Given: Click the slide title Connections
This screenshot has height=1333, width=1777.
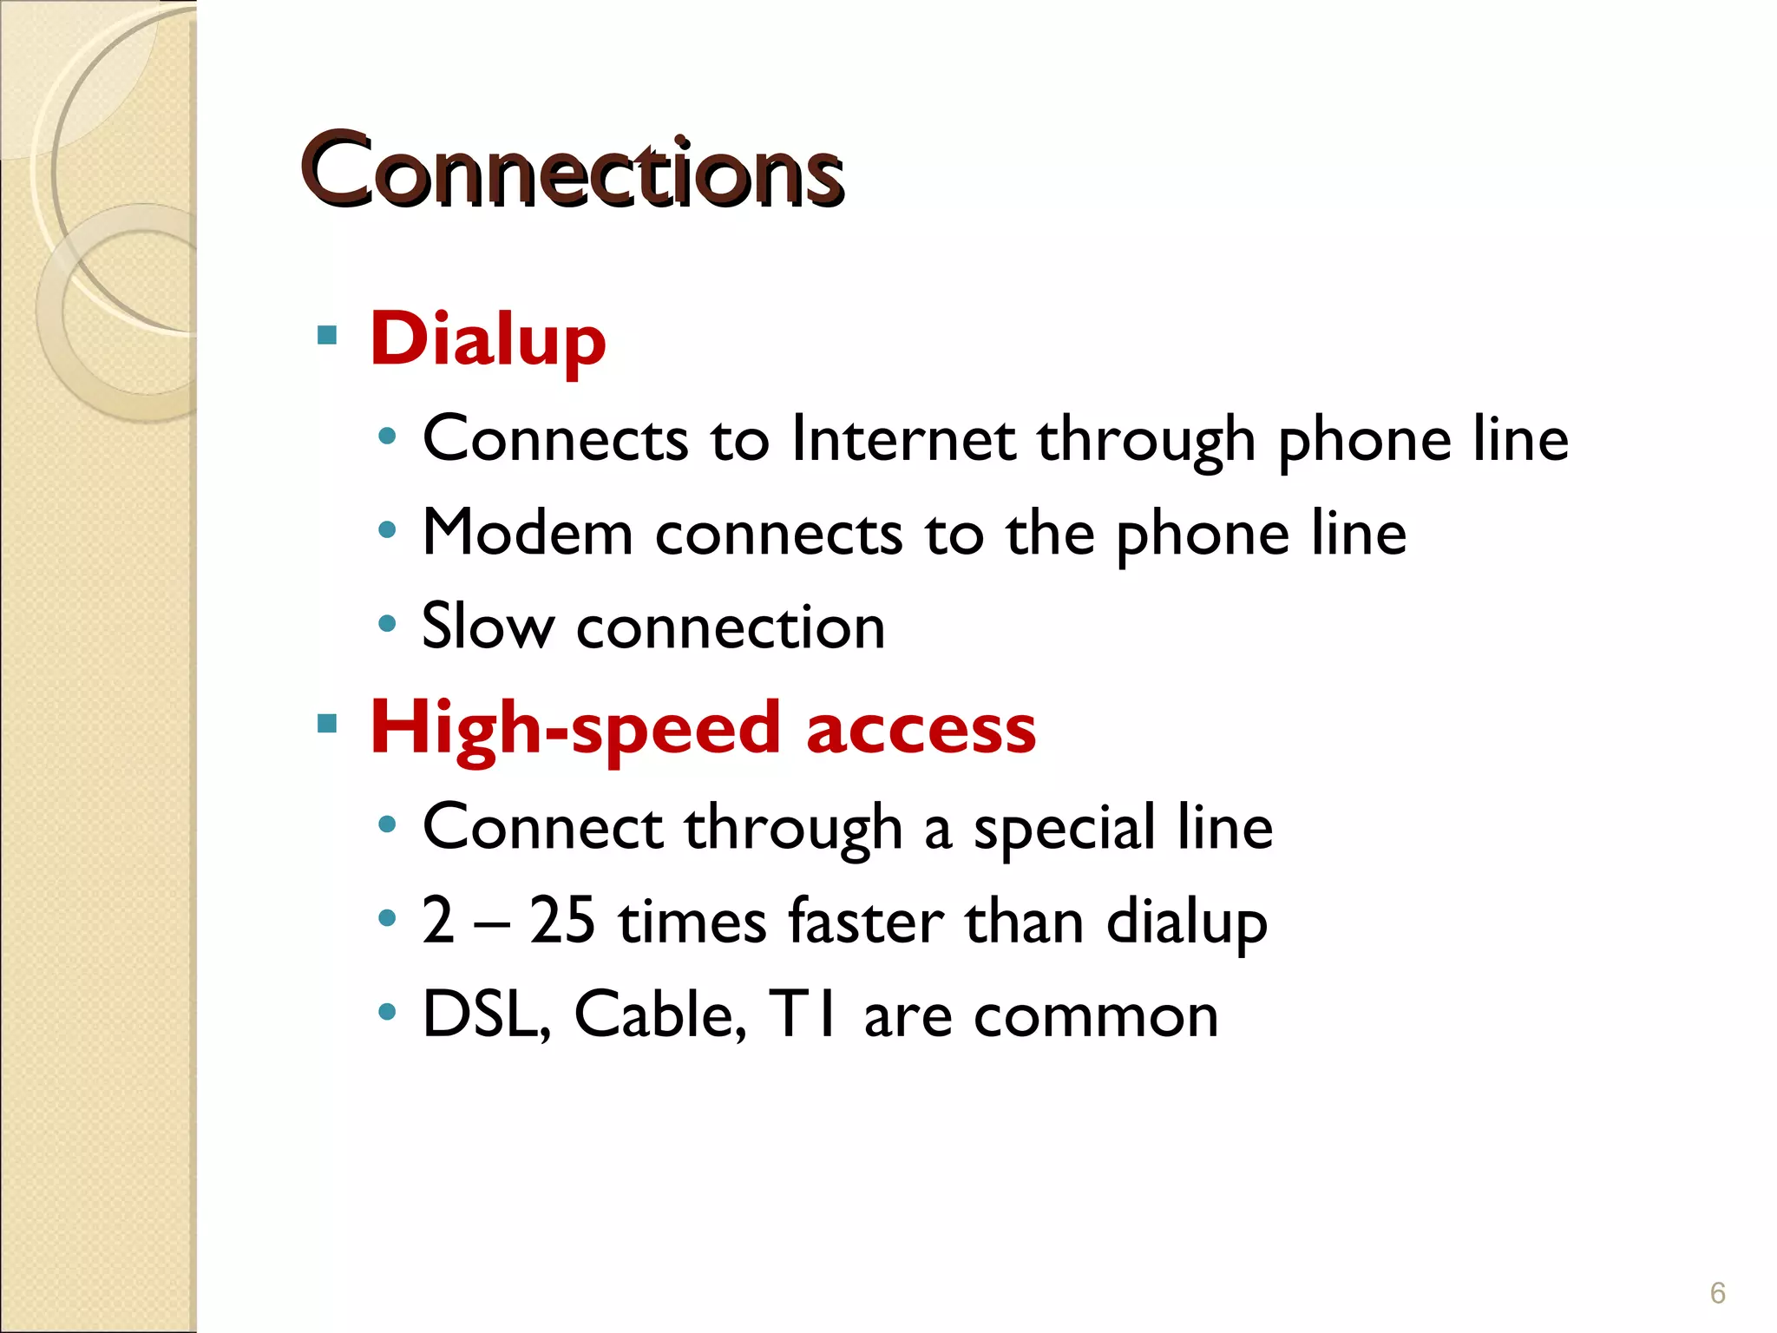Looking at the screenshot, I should click(x=572, y=170).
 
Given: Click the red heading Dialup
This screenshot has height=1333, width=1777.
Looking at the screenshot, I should click(x=488, y=340).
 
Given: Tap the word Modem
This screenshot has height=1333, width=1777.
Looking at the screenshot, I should click(x=528, y=533).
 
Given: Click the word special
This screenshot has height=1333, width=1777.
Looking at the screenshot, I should click(x=1064, y=828).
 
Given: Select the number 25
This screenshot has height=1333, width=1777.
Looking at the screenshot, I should click(x=562, y=921).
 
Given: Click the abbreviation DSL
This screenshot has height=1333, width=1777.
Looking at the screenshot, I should click(x=484, y=1015).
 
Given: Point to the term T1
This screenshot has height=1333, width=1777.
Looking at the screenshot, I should click(x=805, y=1015).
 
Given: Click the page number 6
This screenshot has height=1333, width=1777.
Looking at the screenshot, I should click(x=1717, y=1293).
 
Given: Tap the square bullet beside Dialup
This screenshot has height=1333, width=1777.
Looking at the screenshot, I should click(x=327, y=335).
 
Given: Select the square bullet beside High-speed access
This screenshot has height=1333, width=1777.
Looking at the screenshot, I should click(x=327, y=724).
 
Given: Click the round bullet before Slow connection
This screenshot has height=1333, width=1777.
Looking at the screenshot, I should click(x=388, y=623).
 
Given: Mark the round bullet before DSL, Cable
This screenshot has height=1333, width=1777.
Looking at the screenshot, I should click(x=388, y=1012).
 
